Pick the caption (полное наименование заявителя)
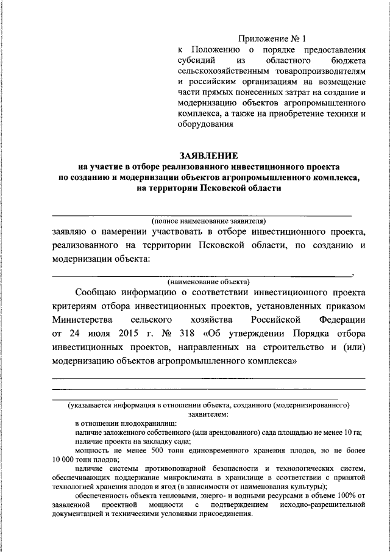(208, 221)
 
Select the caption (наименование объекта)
(208, 281)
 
